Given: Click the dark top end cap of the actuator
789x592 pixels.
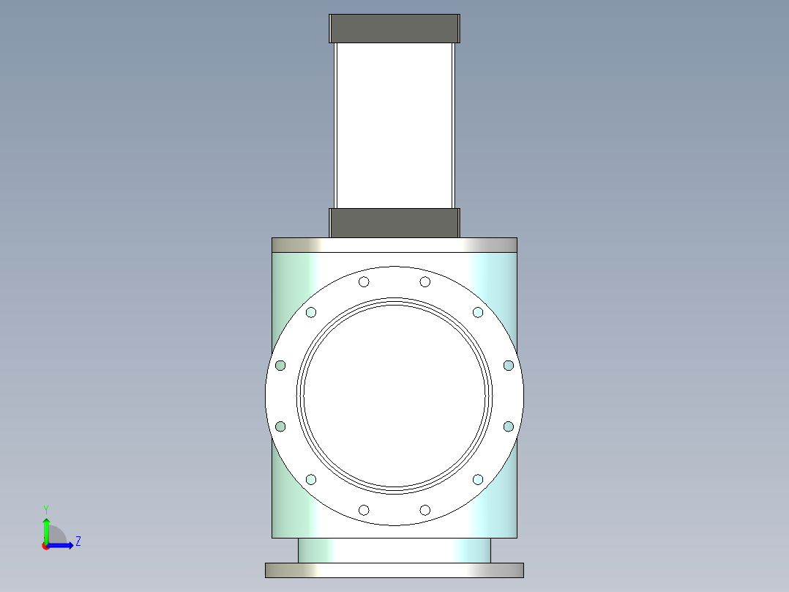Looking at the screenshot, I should [x=394, y=29].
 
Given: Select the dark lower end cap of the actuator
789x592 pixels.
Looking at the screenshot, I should [x=394, y=223].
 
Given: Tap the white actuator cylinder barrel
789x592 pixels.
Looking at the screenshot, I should [x=394, y=125].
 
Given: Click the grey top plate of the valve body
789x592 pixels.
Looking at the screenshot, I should [x=394, y=245].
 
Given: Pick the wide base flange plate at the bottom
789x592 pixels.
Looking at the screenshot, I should [x=394, y=570].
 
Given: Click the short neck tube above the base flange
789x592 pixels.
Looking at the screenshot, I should [x=394, y=550].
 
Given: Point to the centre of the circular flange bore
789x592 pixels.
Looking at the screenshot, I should [x=394, y=396].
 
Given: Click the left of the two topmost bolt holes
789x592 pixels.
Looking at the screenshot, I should [x=364, y=281].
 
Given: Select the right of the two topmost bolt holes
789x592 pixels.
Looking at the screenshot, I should [x=425, y=281].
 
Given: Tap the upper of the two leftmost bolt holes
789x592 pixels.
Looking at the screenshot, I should [x=280, y=365].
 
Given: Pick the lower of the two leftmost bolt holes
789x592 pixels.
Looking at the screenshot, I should [x=280, y=426].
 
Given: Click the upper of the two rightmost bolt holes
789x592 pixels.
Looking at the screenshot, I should [x=509, y=365].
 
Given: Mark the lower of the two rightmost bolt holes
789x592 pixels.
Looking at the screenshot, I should [x=509, y=426].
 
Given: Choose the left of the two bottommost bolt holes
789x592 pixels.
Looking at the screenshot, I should [x=364, y=510].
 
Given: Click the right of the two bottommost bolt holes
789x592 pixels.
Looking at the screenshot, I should [x=425, y=510].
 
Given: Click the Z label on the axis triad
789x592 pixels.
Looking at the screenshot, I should [x=78, y=541].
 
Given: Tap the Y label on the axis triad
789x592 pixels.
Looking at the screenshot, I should [x=46, y=508].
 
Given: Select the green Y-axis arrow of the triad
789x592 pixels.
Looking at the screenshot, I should [x=46, y=529].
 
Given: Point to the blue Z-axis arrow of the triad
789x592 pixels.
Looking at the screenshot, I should [x=61, y=545].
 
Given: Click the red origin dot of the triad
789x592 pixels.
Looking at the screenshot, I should [x=45, y=546].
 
